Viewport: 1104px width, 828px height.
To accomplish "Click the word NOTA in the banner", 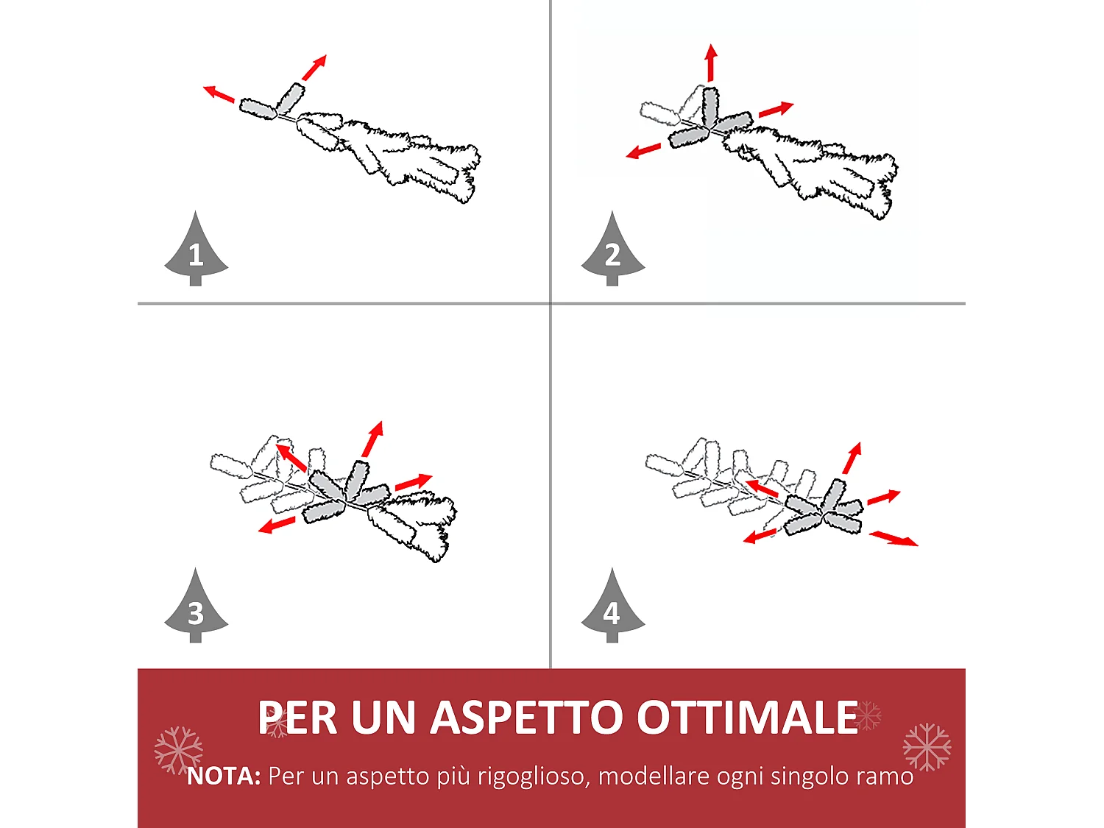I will pos(224,776).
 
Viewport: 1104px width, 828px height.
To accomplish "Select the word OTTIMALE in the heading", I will pos(747,718).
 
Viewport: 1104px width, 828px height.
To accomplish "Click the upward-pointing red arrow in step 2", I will pos(711,63).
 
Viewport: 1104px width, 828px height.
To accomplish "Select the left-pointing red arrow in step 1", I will pos(219,94).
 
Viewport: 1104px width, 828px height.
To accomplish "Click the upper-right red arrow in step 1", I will pos(314,68).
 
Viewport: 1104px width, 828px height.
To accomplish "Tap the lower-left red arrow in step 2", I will pos(643,151).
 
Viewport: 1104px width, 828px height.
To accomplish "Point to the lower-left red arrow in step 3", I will pos(277,526).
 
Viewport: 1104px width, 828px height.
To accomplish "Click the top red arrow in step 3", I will pos(373,439).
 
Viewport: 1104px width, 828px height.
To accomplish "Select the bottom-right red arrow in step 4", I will pos(894,538).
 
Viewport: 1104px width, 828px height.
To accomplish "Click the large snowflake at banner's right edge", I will pos(927,747).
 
